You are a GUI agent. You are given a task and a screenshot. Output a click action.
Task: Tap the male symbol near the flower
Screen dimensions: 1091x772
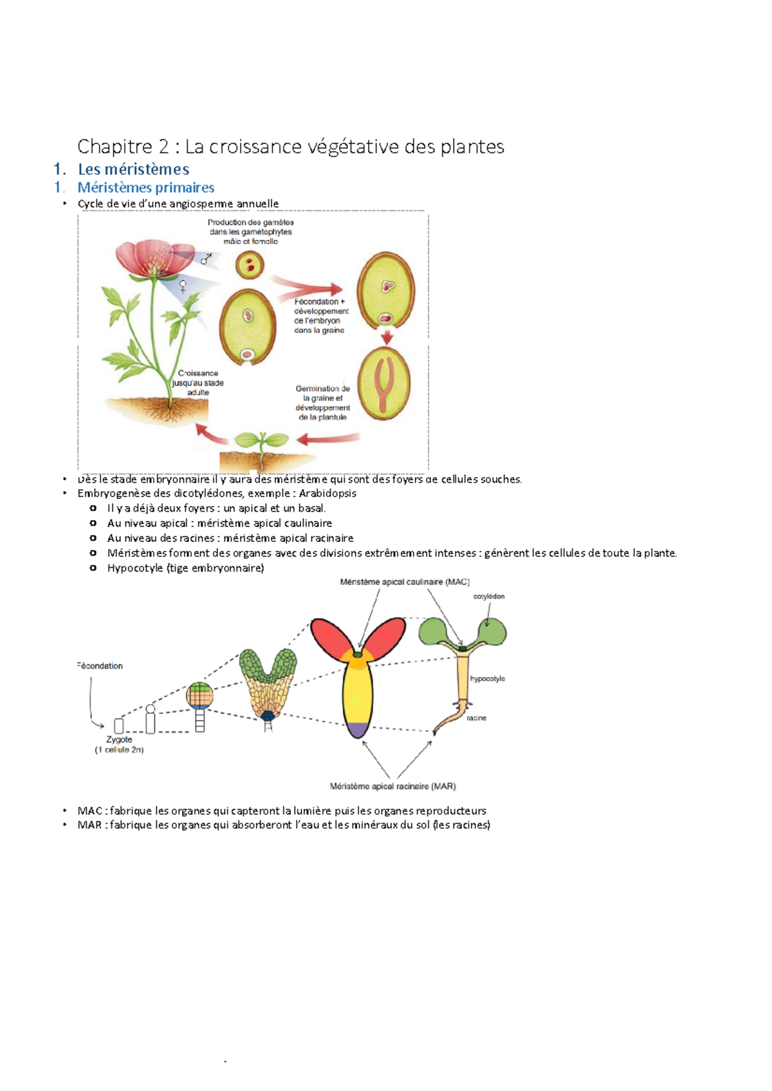point(206,259)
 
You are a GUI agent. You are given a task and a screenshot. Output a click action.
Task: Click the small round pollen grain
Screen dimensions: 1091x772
point(250,265)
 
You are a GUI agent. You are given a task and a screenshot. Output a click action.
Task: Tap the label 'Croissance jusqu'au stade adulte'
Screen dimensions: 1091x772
point(198,383)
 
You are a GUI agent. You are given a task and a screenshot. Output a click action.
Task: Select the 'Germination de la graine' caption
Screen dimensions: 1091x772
point(322,402)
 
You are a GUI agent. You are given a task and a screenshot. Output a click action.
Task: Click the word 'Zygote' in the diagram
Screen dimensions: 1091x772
point(119,739)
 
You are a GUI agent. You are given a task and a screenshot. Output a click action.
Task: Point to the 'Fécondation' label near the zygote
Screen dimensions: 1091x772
point(100,666)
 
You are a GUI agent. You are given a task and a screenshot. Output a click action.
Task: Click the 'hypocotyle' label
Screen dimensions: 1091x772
point(487,679)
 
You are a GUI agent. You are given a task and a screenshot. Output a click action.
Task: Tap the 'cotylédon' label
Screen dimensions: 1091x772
point(489,597)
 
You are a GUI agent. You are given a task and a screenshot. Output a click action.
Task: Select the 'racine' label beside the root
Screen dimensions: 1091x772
point(476,718)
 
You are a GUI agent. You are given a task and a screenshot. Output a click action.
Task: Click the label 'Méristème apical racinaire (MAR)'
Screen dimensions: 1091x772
point(392,786)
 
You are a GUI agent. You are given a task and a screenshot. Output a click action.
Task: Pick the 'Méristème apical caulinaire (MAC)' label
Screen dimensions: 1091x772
point(405,582)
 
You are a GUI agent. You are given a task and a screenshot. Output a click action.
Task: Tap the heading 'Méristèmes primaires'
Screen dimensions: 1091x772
point(146,188)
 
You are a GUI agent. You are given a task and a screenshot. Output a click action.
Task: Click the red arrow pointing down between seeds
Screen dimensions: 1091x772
point(387,338)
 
